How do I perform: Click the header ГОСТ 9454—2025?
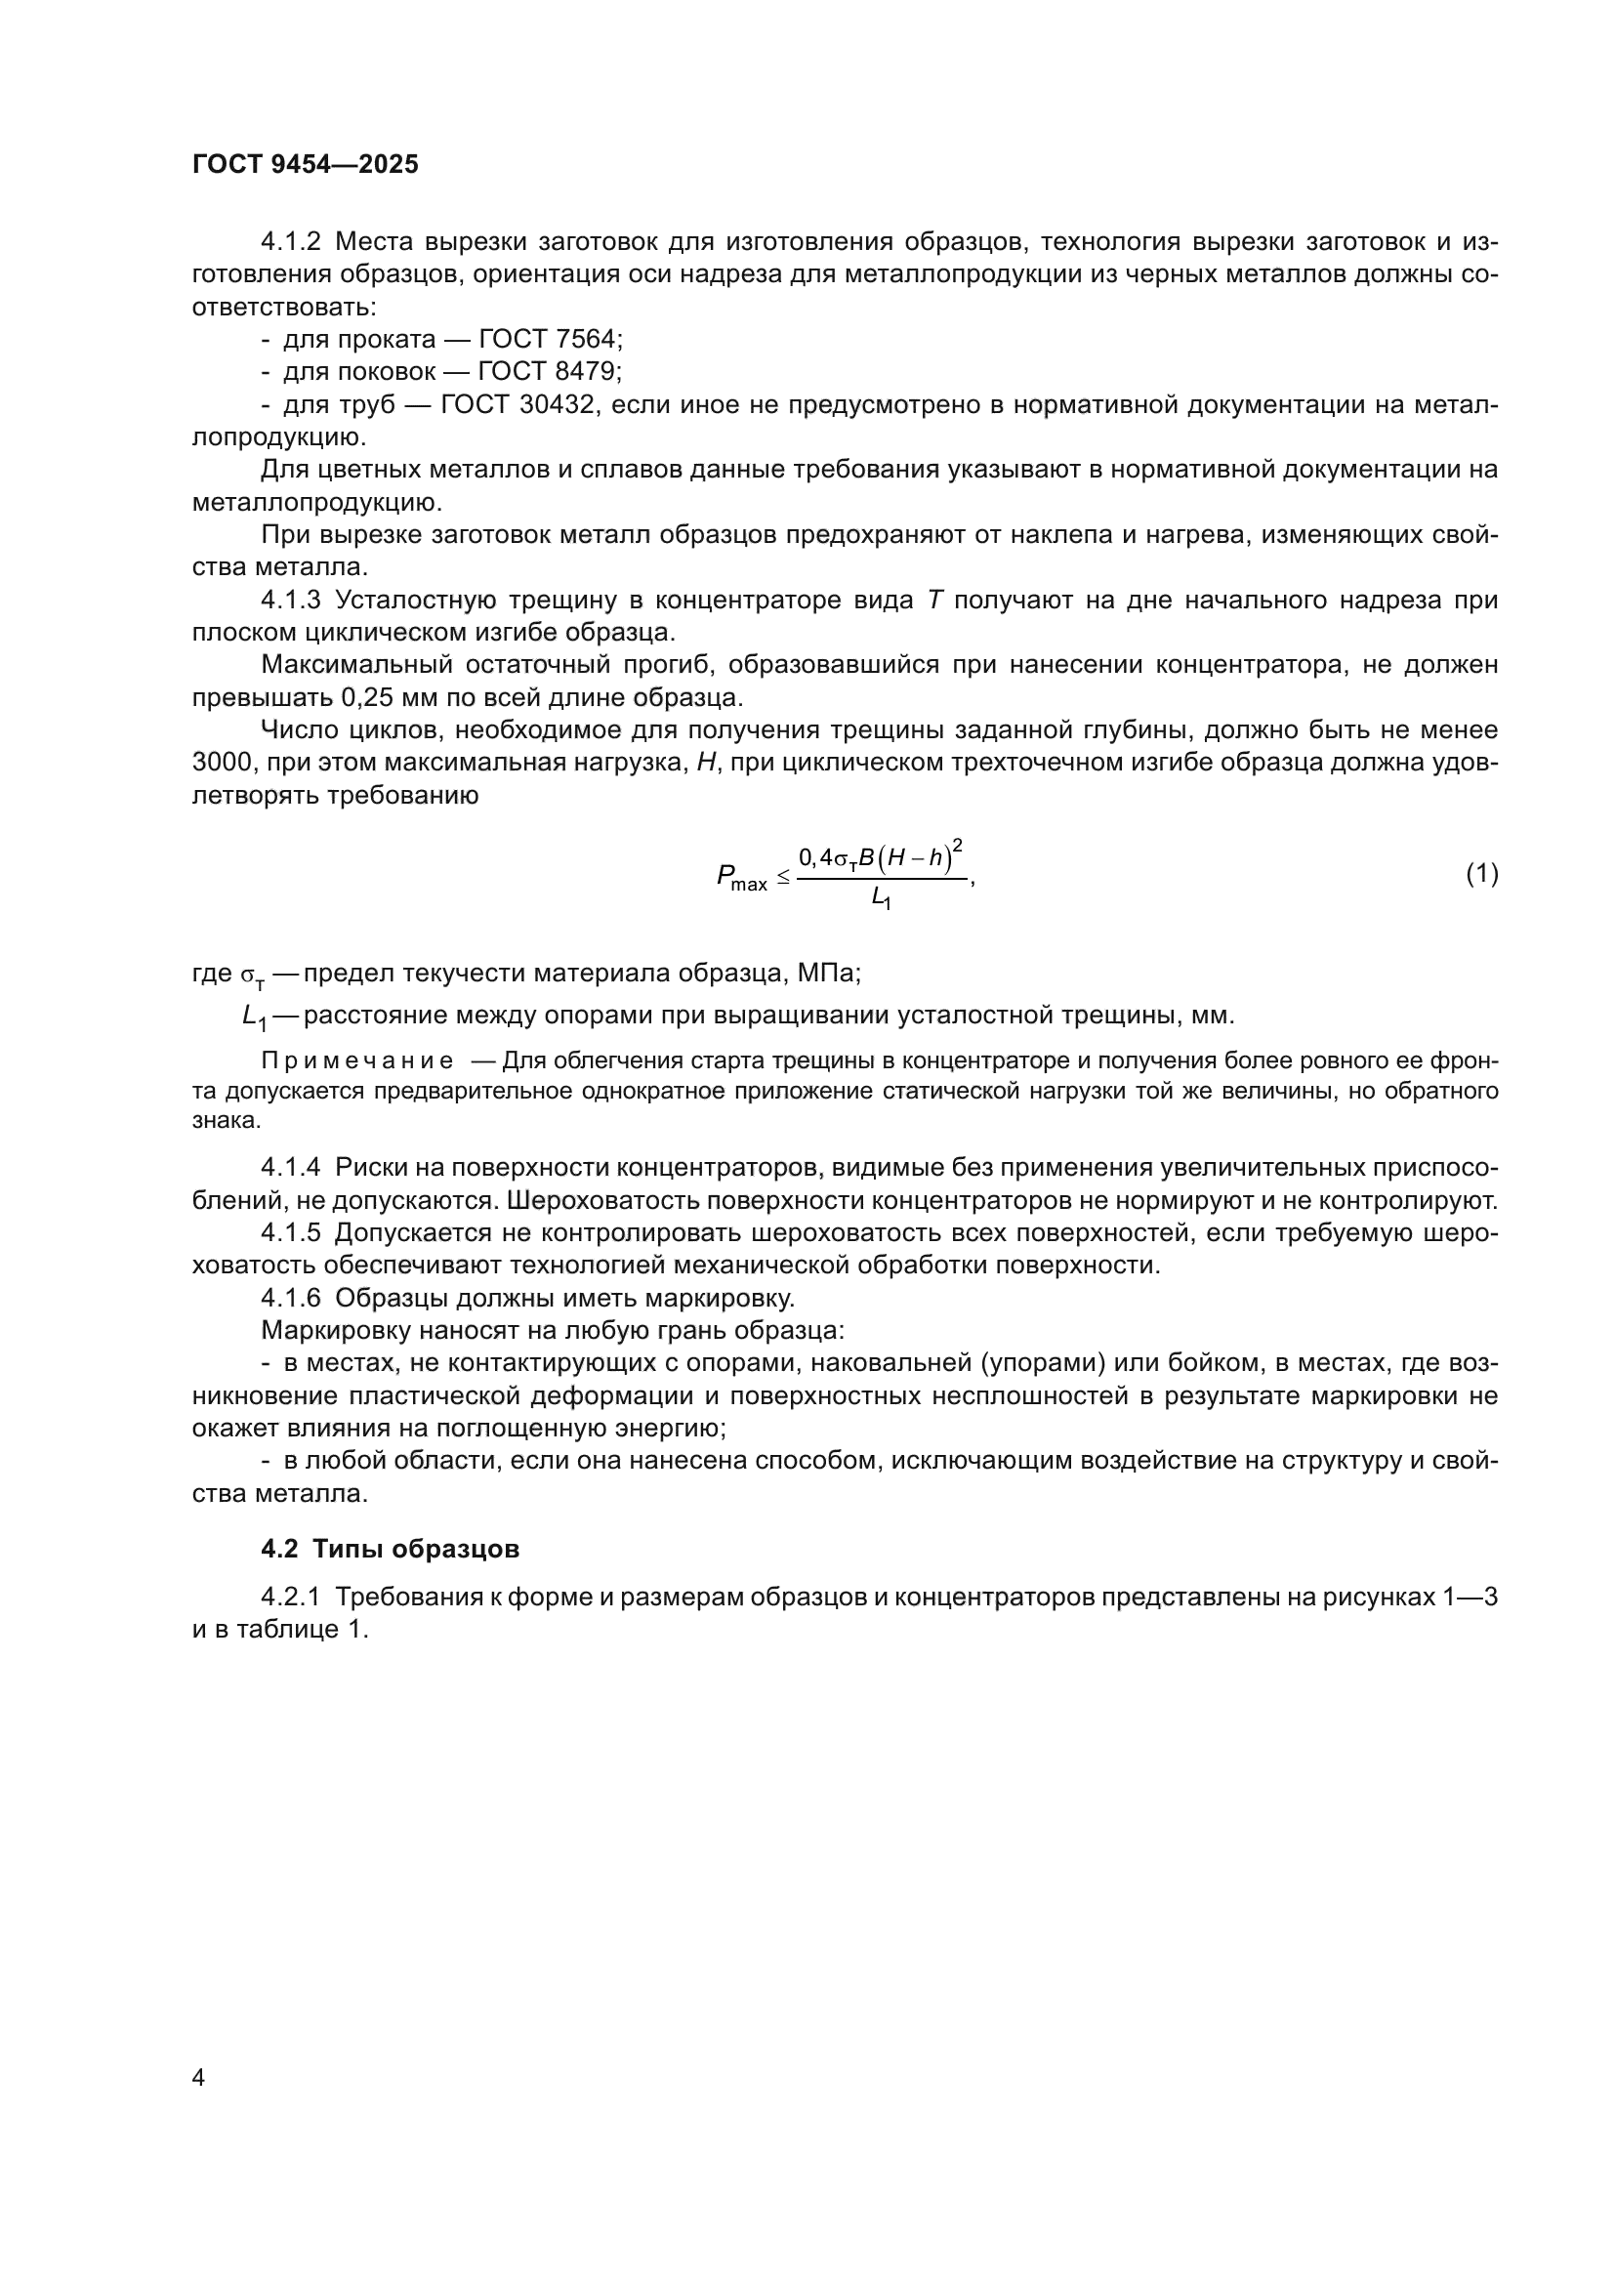click(x=306, y=165)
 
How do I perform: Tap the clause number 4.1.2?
click(x=290, y=242)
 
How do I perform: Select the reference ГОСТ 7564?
click(x=550, y=339)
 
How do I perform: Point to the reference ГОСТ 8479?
click(x=549, y=372)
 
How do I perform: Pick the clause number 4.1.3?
click(x=290, y=600)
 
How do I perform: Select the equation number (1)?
click(x=1482, y=873)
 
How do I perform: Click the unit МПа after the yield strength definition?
click(x=827, y=972)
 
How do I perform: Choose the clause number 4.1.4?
click(x=290, y=1167)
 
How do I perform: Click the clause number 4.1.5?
click(x=290, y=1232)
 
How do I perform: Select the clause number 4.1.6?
click(x=290, y=1298)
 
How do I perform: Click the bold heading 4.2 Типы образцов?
click(x=390, y=1549)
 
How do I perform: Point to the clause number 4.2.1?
click(x=290, y=1597)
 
